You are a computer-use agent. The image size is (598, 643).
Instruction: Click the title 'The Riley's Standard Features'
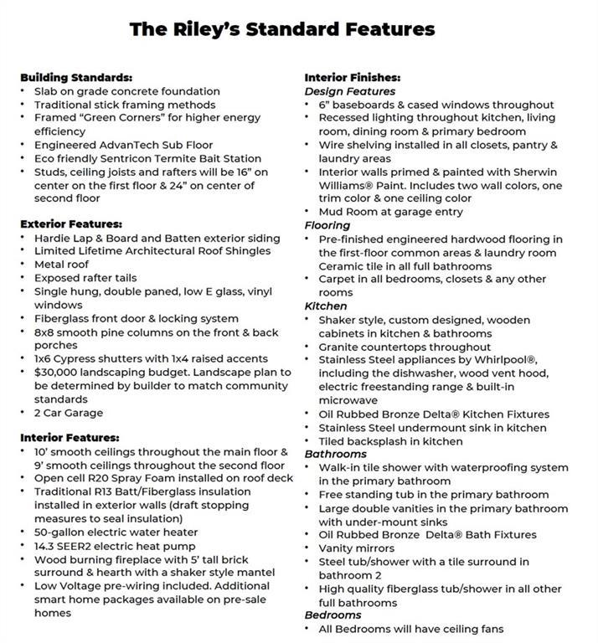coord(281,29)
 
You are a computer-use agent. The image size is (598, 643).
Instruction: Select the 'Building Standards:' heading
coord(76,77)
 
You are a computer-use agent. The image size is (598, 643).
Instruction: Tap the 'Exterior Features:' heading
coord(71,224)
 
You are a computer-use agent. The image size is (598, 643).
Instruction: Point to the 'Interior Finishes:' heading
coord(352,77)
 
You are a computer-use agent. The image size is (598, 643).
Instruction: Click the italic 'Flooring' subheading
coord(327,225)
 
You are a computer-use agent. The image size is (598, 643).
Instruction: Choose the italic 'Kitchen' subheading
coord(326,306)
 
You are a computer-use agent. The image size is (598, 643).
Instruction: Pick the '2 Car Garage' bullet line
coord(69,413)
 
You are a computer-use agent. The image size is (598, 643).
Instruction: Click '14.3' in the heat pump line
coord(47,545)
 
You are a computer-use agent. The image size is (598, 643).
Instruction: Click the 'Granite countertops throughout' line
coord(405,347)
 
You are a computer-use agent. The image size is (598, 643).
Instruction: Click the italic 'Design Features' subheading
coord(350,90)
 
